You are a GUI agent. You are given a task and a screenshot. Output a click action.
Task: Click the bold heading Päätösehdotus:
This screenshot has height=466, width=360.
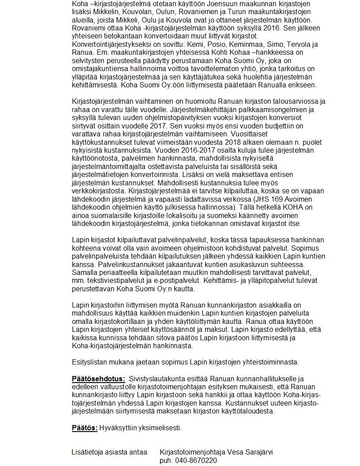click(98, 379)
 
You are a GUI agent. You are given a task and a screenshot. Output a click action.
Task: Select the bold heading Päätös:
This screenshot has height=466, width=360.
click(85, 428)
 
